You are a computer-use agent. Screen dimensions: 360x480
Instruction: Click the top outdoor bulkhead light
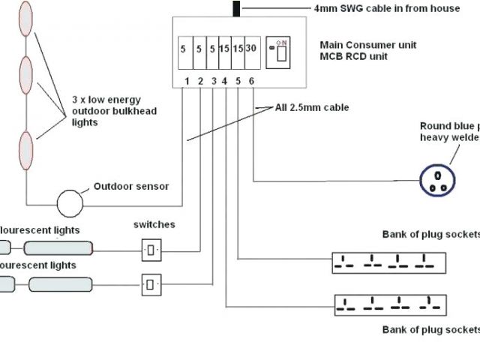point(26,19)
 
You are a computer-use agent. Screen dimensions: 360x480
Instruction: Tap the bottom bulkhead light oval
point(26,149)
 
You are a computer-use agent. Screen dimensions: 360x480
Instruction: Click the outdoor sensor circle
point(71,202)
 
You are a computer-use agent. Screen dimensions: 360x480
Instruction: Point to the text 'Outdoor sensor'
point(130,187)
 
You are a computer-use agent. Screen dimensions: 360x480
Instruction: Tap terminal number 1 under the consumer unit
point(187,81)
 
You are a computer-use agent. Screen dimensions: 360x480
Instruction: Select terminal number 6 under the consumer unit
point(252,81)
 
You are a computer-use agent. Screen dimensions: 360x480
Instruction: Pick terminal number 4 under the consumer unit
point(225,81)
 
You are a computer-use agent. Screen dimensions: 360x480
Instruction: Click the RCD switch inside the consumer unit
point(281,52)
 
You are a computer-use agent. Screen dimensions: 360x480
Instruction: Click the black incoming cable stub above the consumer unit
point(237,8)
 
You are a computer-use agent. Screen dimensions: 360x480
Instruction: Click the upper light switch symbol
point(151,249)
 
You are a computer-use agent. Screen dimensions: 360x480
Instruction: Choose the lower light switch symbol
point(151,283)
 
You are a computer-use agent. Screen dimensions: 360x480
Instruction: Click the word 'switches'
point(154,224)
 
